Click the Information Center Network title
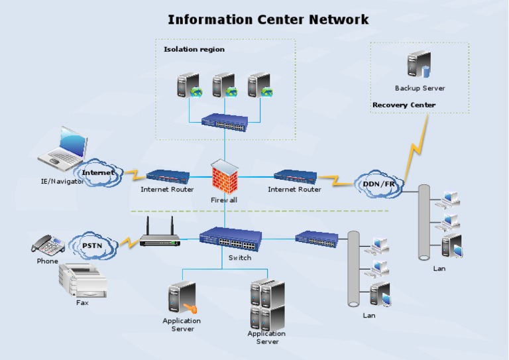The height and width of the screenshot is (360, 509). pyautogui.click(x=268, y=19)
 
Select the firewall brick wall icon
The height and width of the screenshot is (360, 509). pyautogui.click(x=225, y=177)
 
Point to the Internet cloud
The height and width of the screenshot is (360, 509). pyautogui.click(x=98, y=172)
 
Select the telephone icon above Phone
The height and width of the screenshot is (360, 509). pyautogui.click(x=48, y=245)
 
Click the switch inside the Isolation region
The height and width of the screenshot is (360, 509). pyautogui.click(x=225, y=121)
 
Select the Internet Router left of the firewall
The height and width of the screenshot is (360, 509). pyautogui.click(x=168, y=176)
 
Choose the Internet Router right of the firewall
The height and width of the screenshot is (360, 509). pyautogui.click(x=295, y=176)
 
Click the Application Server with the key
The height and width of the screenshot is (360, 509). pyautogui.click(x=182, y=299)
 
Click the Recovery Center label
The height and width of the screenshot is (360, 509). pyautogui.click(x=404, y=105)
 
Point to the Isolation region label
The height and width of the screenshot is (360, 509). pyautogui.click(x=194, y=49)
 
